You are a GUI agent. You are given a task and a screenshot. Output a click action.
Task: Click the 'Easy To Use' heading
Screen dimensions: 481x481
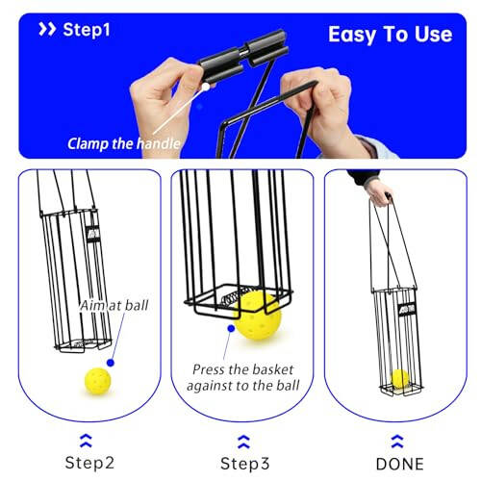point(390,34)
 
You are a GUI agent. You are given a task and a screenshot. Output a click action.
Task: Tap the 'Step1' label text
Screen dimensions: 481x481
point(87,30)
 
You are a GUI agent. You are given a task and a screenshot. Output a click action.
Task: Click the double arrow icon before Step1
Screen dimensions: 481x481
point(46,30)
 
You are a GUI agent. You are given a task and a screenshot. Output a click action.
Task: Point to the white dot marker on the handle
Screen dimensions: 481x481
point(205,86)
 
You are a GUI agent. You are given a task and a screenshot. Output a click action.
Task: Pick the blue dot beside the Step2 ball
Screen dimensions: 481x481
point(113,363)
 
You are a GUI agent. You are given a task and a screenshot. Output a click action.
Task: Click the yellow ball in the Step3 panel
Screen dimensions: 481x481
point(259,314)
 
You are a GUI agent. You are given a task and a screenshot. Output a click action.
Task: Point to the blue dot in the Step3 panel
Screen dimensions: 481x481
point(230,328)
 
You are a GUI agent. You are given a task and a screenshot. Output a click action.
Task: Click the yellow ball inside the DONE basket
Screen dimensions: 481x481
point(399,378)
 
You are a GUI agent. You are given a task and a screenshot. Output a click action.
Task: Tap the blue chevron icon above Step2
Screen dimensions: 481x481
point(89,439)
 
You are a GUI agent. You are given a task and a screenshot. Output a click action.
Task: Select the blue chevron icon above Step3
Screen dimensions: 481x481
point(244,439)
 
